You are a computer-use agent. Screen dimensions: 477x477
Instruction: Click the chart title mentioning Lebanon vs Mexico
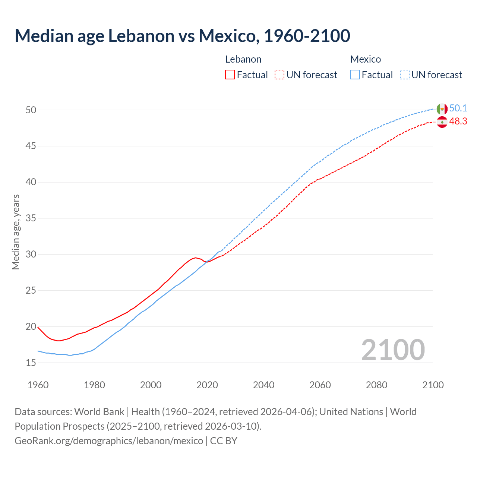182,36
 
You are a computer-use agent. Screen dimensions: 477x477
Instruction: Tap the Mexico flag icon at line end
442,109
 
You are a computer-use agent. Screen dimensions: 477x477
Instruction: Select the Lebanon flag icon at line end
442,122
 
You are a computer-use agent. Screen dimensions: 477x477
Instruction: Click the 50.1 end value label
458,108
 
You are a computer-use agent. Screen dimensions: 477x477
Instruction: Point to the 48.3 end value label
458,121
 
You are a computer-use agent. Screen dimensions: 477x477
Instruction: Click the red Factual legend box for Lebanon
230,75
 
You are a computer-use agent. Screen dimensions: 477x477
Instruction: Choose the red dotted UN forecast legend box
279,75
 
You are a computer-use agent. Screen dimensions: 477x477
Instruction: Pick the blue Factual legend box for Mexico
355,75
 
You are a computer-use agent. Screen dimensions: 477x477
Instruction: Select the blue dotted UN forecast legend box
404,75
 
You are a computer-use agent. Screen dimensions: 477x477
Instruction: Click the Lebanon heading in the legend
243,59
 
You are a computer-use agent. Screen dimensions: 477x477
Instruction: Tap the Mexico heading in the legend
365,59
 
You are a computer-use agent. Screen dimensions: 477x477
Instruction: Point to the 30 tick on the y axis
31,255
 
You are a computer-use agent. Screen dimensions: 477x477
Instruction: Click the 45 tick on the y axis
31,146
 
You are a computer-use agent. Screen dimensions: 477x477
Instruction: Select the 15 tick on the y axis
31,363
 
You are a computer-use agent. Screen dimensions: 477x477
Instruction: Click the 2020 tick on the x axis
207,385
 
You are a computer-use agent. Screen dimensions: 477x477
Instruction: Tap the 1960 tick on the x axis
38,385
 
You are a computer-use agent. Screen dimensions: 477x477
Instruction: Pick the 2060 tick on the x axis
320,385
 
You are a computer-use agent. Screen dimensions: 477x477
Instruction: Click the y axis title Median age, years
16,232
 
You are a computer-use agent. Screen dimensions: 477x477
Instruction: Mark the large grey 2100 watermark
393,350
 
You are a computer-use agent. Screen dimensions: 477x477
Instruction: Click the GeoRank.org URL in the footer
109,441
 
